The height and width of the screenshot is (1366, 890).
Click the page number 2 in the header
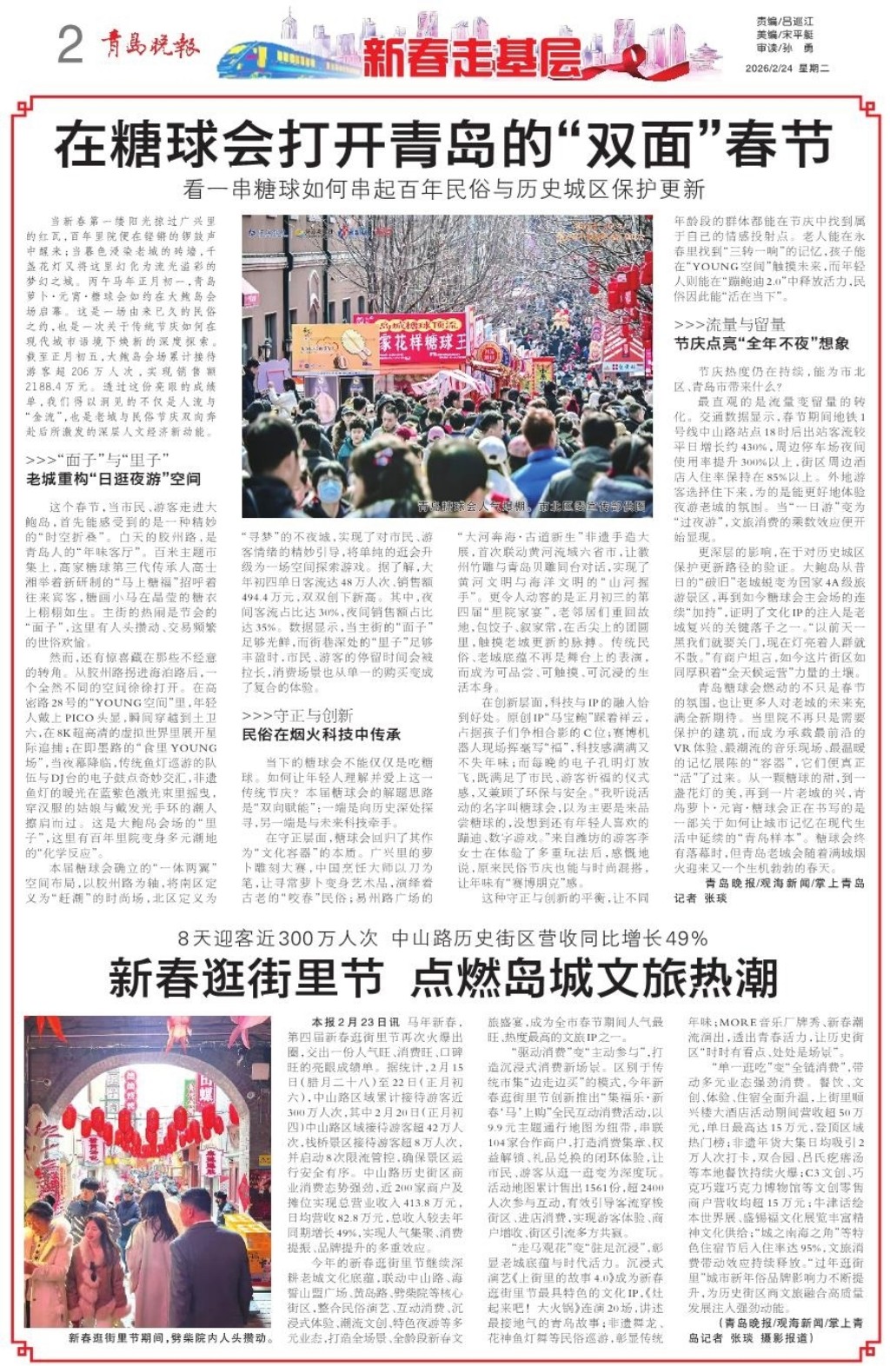(70, 44)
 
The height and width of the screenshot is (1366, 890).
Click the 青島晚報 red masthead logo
(149, 44)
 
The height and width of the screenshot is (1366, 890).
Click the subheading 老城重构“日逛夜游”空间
(114, 479)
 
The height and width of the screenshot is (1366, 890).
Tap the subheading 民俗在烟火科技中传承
(321, 734)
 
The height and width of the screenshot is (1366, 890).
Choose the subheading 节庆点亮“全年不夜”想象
(761, 343)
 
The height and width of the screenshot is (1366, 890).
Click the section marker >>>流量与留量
(729, 324)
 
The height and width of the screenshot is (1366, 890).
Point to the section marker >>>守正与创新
(297, 715)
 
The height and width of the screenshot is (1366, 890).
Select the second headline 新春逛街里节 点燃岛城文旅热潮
(443, 978)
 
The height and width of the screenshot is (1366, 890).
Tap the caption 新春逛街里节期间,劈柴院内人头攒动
(171, 1338)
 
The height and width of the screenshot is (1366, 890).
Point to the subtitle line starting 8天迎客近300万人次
(443, 938)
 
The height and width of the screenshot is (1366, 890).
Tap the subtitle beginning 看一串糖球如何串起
(443, 189)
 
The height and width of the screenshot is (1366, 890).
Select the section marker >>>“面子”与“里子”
(97, 460)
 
